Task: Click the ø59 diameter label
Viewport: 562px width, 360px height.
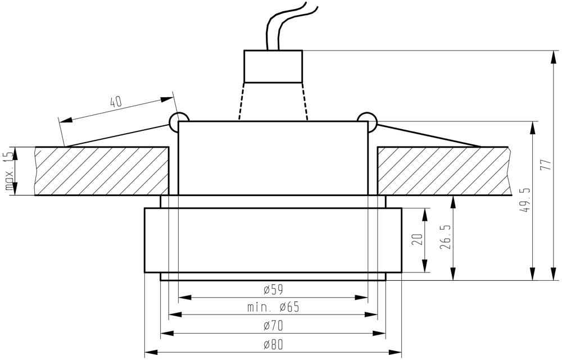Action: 273,290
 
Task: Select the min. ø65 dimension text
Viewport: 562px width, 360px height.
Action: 273,307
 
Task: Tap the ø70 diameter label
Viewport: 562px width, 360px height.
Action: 273,325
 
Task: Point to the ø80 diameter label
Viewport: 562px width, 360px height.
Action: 273,344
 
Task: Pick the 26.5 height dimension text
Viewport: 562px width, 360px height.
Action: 446,238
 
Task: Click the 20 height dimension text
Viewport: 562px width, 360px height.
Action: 417,240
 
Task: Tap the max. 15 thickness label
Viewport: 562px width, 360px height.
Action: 9,171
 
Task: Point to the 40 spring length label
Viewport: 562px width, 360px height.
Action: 115,102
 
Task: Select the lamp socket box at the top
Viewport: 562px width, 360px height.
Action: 273,66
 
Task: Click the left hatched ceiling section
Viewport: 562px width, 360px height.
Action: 101,171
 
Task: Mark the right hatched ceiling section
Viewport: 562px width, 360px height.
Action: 444,171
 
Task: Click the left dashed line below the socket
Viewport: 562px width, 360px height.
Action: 242,101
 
